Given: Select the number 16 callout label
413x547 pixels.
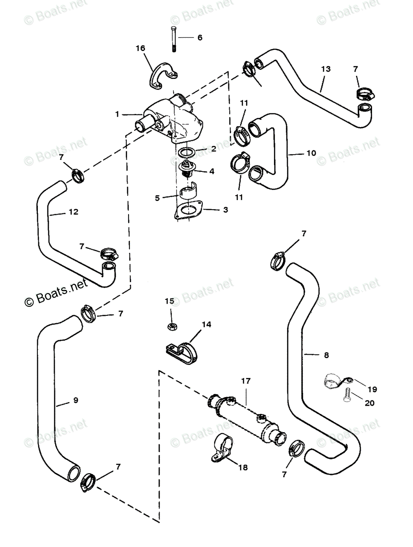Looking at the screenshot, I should point(140,48).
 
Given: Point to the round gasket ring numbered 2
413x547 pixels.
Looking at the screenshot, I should point(186,151).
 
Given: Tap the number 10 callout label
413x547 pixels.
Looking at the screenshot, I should point(311,153).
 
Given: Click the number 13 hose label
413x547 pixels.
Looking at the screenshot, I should point(325,69).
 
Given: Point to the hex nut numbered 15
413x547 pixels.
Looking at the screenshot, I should point(172,326).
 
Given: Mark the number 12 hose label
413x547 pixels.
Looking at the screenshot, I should point(73,212).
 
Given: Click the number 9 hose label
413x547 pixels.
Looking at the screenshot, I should point(76,400).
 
